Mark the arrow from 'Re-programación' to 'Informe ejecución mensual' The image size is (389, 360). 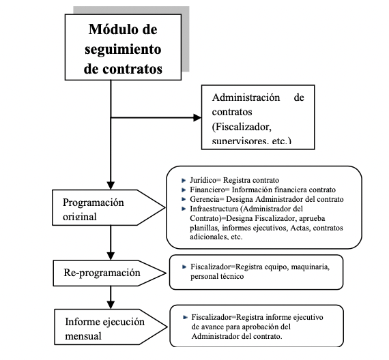point(111,297)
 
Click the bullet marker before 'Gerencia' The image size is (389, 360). point(184,199)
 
